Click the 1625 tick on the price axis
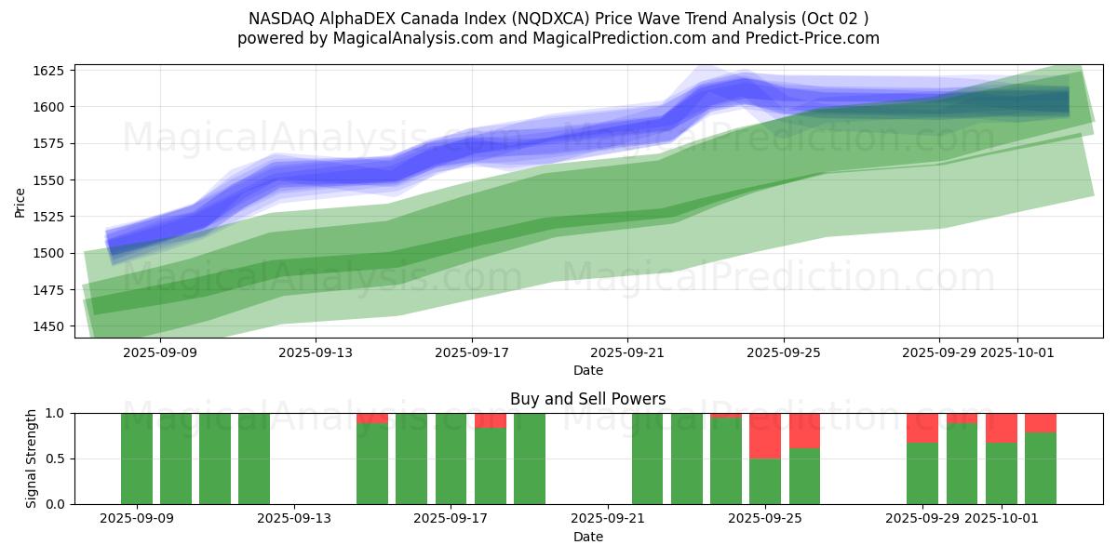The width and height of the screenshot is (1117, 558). click(48, 71)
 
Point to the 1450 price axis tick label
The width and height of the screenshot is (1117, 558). click(48, 326)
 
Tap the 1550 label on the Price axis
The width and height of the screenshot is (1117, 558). click(48, 180)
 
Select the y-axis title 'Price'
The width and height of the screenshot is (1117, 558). click(20, 202)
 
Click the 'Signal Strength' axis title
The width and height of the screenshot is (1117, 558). click(32, 458)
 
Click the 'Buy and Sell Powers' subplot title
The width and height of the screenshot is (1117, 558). click(587, 399)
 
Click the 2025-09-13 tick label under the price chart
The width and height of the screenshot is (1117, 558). click(315, 352)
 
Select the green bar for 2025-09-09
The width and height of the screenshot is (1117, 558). click(137, 458)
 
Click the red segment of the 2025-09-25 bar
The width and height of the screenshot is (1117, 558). click(765, 435)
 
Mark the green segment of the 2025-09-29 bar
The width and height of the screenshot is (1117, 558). click(922, 473)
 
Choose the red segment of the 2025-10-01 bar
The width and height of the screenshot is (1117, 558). click(1002, 427)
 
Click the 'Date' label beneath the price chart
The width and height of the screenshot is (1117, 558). click(587, 370)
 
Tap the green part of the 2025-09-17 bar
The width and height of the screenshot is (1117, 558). click(451, 458)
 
